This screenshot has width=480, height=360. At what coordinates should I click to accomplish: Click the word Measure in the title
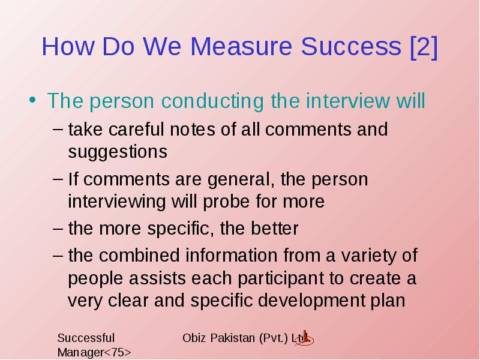[241, 46]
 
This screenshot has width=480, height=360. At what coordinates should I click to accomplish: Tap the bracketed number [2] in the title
[424, 47]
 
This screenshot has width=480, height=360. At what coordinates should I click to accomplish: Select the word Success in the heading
[351, 46]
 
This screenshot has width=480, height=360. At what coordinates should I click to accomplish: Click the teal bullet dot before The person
[32, 100]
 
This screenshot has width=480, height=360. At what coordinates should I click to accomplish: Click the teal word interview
[348, 100]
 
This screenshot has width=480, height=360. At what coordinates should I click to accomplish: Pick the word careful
[136, 129]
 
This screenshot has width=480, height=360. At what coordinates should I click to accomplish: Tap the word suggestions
[118, 152]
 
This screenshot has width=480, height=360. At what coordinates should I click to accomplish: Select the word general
[241, 179]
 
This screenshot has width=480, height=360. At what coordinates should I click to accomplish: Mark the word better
[275, 229]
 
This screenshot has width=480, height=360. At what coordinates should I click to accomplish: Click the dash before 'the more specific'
[58, 229]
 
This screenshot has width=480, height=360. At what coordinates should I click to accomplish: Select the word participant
[280, 279]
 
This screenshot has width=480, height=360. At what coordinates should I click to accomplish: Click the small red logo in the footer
[304, 338]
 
